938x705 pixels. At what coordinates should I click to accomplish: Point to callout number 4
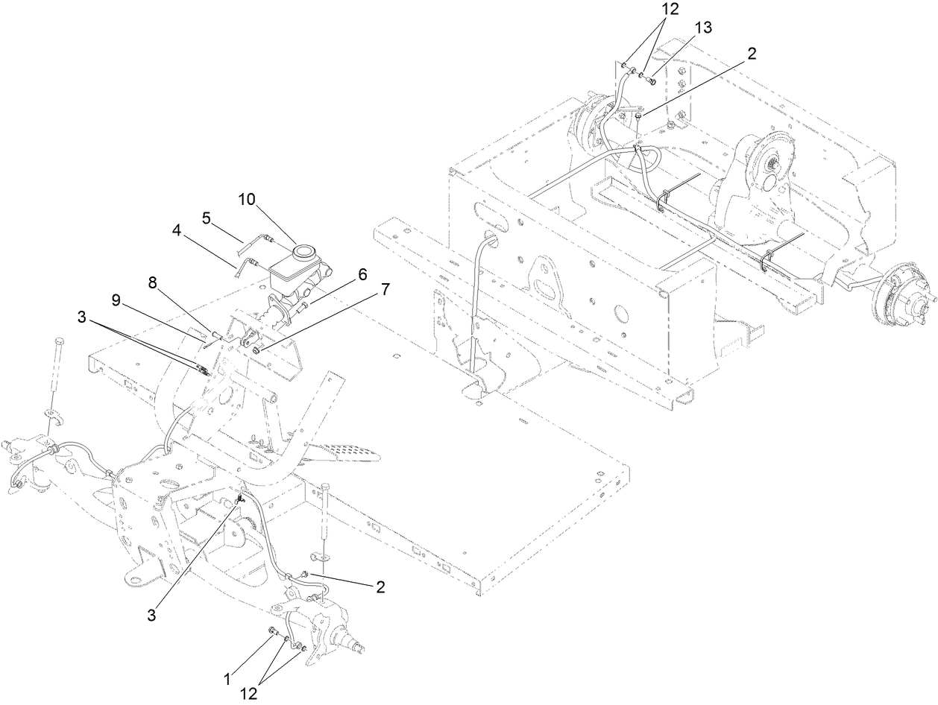176,231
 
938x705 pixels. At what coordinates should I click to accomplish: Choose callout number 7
385,291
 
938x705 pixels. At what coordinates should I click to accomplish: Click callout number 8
153,283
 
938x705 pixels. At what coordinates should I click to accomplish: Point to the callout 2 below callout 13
751,54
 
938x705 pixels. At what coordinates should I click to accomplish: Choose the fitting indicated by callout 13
652,80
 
